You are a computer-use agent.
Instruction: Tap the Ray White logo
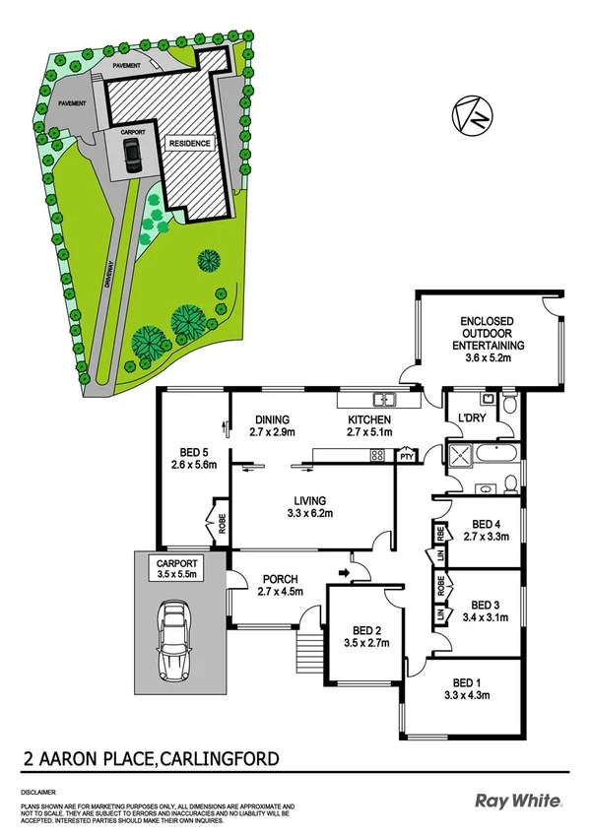(519, 801)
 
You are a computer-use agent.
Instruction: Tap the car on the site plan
(132, 155)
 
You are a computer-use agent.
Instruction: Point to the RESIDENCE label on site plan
(190, 144)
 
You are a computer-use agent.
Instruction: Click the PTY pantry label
(405, 456)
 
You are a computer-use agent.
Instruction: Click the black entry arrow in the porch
(344, 570)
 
